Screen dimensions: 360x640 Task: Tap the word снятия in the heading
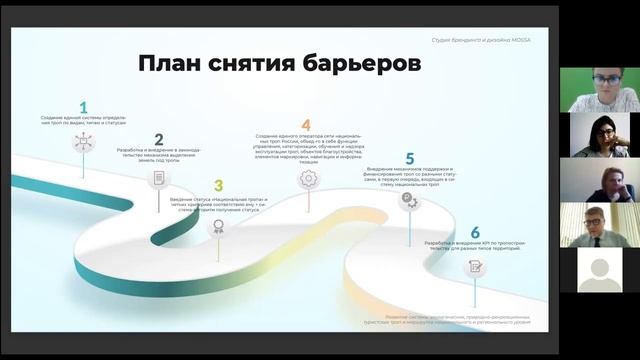coord(261,64)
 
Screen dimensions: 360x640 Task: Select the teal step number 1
coord(83,106)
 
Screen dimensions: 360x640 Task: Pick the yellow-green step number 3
coord(218,185)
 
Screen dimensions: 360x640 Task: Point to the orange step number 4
coord(306,125)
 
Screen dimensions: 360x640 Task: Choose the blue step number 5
coord(410,158)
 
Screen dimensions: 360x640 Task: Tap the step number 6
coord(475,232)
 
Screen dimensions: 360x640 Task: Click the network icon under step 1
coord(83,142)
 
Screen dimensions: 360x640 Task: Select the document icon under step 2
coord(158,179)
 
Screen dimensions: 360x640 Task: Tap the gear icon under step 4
coord(308,178)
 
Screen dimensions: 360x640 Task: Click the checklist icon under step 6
coord(476,267)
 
